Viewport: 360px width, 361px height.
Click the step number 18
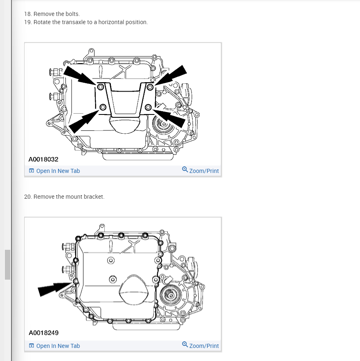pyautogui.click(x=28, y=14)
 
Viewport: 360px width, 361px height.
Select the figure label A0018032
pyautogui.click(x=43, y=159)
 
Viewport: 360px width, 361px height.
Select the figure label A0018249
pyautogui.click(x=43, y=333)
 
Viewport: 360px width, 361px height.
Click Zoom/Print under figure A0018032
pyautogui.click(x=200, y=170)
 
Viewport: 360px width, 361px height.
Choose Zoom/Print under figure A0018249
pyautogui.click(x=200, y=345)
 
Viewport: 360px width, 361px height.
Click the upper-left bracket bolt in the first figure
pyautogui.click(x=100, y=87)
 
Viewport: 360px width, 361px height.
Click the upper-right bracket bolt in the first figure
pyautogui.click(x=150, y=87)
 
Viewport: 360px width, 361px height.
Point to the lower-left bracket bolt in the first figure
pyautogui.click(x=103, y=107)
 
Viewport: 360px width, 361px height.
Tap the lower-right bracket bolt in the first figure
pyautogui.click(x=148, y=107)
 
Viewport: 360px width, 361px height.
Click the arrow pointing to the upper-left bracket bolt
pyautogui.click(x=79, y=75)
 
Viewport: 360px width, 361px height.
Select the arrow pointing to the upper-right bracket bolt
pyautogui.click(x=171, y=75)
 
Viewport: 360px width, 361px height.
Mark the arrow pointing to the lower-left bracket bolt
pyautogui.click(x=84, y=121)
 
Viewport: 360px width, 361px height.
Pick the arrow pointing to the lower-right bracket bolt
pyautogui.click(x=169, y=118)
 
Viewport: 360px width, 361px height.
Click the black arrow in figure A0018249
pyautogui.click(x=55, y=289)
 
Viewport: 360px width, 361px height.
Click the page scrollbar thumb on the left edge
pyautogui.click(x=8, y=265)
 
